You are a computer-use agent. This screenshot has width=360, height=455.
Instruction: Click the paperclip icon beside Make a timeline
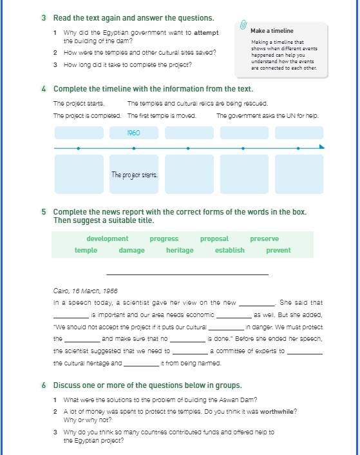coord(243,25)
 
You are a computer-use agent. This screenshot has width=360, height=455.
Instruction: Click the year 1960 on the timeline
coord(133,133)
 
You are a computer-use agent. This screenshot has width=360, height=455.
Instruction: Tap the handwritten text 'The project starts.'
coord(135,175)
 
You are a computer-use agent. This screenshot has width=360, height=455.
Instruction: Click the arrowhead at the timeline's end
coord(322,146)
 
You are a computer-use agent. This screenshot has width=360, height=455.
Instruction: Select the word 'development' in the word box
coord(108,238)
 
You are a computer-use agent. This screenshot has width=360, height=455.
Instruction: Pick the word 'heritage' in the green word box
coord(180,250)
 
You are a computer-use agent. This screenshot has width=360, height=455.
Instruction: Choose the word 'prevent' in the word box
coord(278,250)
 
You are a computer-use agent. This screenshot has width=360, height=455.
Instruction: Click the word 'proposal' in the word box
coord(214,239)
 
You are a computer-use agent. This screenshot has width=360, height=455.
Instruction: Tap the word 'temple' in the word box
coord(86,250)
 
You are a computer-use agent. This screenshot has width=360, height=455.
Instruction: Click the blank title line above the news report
coord(187,274)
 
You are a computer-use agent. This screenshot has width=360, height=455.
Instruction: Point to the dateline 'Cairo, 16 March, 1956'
coord(86,291)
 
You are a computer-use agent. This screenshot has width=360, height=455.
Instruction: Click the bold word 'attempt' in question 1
coord(206,33)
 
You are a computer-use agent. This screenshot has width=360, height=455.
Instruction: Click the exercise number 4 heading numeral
coord(44,89)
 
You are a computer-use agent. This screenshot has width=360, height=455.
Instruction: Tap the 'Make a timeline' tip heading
coord(272,31)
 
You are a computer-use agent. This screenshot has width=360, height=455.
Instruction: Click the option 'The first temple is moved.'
coord(162,116)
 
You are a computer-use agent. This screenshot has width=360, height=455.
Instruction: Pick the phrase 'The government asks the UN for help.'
coord(267,116)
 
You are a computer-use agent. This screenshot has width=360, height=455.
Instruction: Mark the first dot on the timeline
coord(79,148)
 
